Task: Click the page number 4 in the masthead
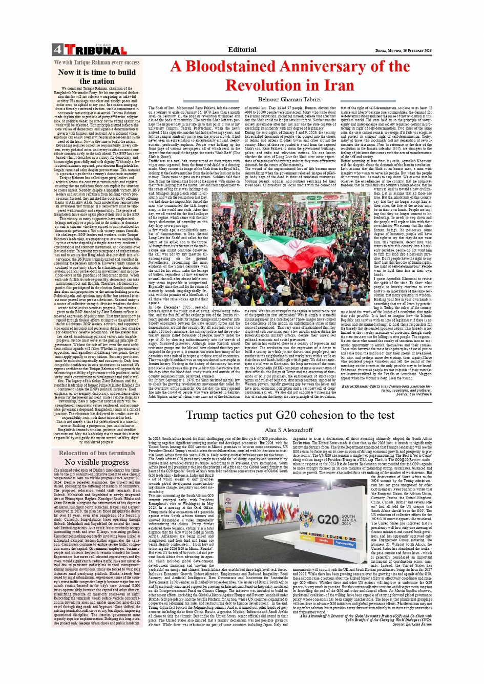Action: point(57,50)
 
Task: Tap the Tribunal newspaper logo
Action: point(95,50)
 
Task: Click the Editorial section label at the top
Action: point(242,50)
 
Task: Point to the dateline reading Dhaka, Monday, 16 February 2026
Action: point(404,50)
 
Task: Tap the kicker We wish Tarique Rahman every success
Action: point(97,62)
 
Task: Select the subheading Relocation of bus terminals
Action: point(97,453)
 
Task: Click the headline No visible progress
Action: point(97,462)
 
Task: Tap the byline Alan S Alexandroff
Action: point(288,430)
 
